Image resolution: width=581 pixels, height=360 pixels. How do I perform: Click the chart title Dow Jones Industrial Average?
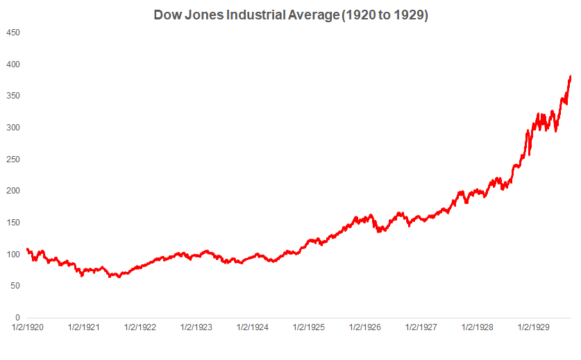(x=290, y=15)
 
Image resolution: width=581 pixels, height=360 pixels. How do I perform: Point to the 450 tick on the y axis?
(x=13, y=33)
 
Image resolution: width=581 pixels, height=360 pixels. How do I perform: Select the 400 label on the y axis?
(x=13, y=65)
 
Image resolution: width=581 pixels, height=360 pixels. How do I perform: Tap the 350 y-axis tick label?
(x=13, y=96)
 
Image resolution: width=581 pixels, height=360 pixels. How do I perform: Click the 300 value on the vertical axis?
(x=13, y=128)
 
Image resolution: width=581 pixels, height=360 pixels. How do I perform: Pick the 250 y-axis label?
(x=13, y=160)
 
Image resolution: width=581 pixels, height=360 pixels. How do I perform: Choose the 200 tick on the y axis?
(x=13, y=191)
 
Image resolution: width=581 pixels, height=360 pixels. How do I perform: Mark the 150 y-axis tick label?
(x=13, y=223)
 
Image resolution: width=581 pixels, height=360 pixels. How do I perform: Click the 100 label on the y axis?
(x=13, y=255)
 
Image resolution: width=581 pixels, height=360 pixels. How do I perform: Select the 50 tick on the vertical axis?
(x=15, y=286)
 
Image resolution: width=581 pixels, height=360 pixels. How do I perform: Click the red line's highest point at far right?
(x=571, y=76)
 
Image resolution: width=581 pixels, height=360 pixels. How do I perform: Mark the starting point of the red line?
(x=27, y=249)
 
